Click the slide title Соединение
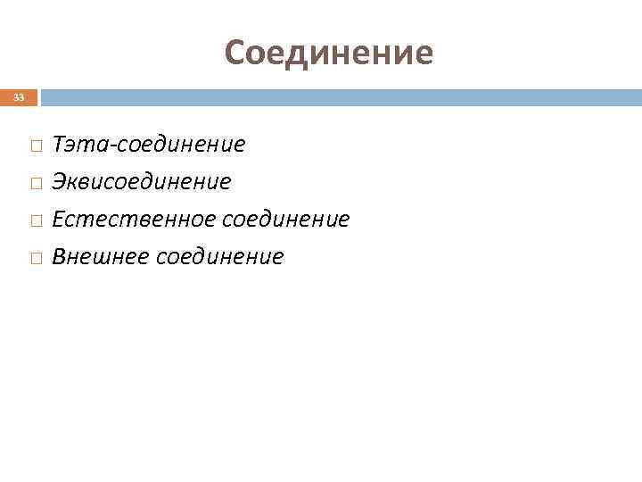(x=329, y=53)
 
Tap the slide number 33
(x=19, y=97)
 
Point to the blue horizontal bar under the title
(x=339, y=96)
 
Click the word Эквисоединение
(x=141, y=181)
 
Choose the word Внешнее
(x=100, y=257)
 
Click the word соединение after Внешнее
(x=219, y=257)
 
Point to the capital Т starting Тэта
(x=60, y=143)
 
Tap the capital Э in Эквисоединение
(x=60, y=181)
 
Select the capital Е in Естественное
(x=59, y=219)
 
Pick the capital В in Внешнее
(x=60, y=257)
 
